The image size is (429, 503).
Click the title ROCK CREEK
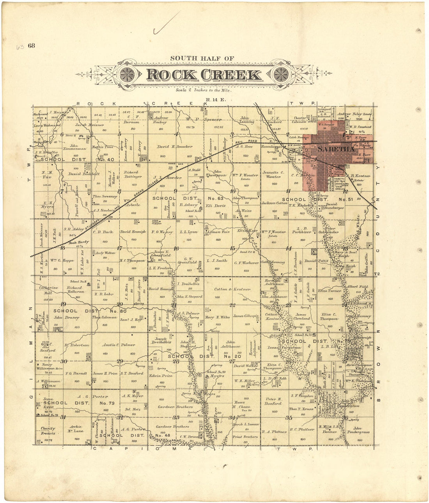(x=204, y=75)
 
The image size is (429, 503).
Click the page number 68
(x=31, y=46)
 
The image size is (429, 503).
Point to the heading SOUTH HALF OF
(x=202, y=58)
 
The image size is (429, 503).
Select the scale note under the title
(x=203, y=90)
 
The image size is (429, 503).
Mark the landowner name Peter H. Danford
(x=274, y=401)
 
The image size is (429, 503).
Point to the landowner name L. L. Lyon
(x=188, y=232)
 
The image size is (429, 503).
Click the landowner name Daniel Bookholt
(x=84, y=174)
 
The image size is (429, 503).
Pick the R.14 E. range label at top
(x=211, y=100)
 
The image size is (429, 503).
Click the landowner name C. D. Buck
(x=103, y=232)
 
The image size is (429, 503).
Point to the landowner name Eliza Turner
(x=330, y=291)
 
